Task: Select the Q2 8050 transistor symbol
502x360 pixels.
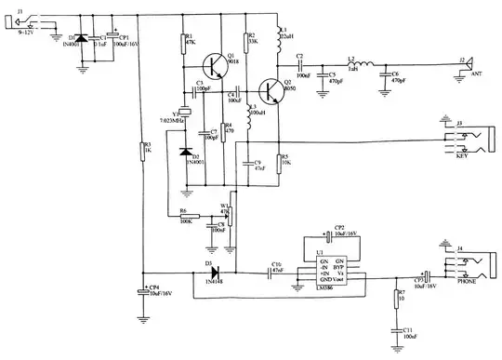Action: (273, 91)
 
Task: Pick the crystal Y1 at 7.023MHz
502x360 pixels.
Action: (186, 113)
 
